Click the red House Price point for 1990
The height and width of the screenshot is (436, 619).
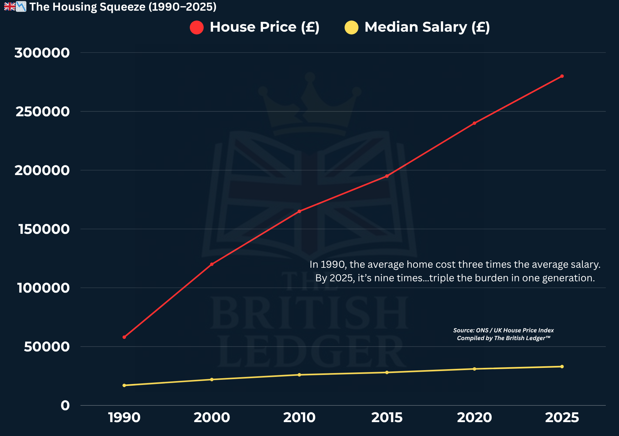124,337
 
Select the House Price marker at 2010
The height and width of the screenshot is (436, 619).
299,211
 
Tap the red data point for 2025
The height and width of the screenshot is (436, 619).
562,76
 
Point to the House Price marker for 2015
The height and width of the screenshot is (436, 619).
387,176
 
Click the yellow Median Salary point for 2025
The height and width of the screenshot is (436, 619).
562,367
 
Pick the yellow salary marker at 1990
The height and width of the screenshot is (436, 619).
124,385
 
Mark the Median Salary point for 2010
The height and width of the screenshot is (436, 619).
299,375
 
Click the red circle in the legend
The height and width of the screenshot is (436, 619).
197,27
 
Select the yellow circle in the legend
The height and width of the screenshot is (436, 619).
351,27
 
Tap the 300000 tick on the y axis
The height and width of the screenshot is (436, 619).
42,53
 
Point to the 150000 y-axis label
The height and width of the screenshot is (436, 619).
44,229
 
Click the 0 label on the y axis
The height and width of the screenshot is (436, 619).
65,405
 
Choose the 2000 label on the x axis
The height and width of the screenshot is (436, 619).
211,418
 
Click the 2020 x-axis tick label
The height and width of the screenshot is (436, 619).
474,418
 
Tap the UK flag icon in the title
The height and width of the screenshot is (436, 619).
10,6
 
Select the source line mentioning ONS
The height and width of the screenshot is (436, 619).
503,330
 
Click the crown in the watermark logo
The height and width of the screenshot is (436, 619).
309,103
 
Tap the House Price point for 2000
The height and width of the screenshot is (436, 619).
211,264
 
